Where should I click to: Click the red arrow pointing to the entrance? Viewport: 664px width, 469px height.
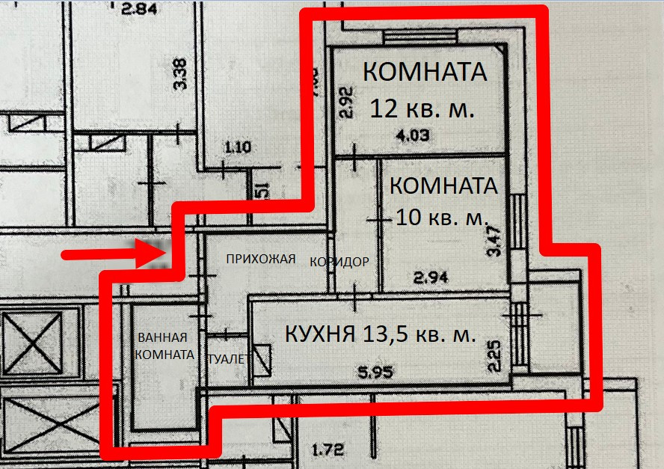[x=112, y=255]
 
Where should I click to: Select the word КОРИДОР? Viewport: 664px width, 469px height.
[x=339, y=262]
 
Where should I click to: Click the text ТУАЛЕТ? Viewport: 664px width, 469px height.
[x=228, y=359]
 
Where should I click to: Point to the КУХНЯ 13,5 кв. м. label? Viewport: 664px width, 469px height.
[x=381, y=334]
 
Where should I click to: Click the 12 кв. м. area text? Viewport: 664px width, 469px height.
[x=422, y=109]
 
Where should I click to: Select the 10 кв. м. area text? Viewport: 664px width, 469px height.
[x=440, y=218]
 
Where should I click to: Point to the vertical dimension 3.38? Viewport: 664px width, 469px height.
[x=179, y=74]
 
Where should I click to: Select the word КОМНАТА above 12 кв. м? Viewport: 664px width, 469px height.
[x=424, y=73]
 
